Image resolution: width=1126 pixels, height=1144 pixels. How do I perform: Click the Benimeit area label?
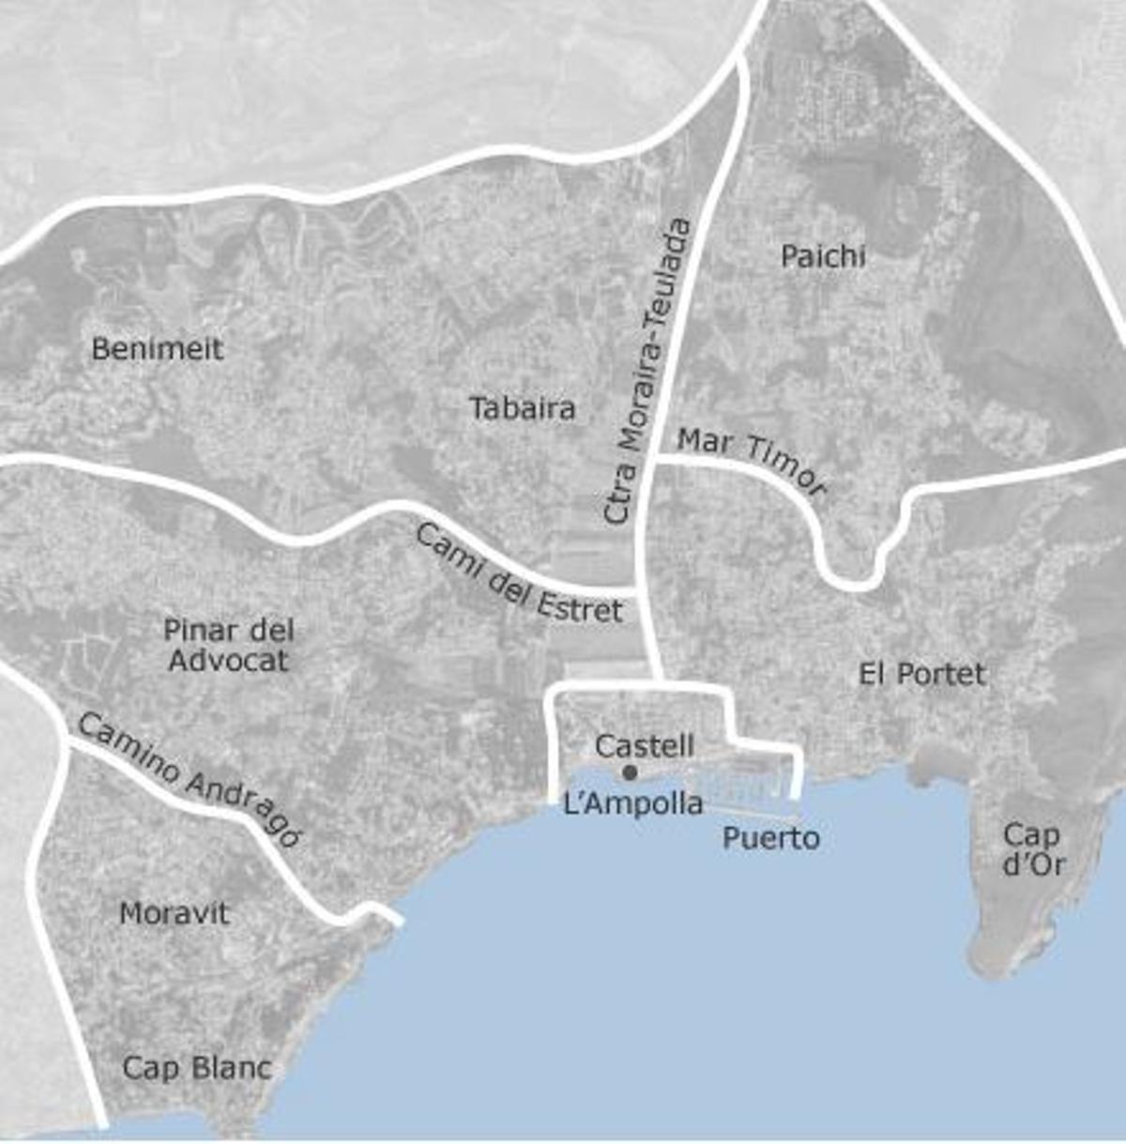pos(158,349)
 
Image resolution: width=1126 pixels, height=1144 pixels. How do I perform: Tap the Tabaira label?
pos(523,408)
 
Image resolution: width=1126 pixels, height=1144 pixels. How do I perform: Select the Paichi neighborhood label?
pos(823,256)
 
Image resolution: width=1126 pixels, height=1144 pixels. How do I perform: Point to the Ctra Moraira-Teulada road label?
pos(648,370)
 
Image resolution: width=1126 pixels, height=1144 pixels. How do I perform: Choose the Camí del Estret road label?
pos(519,573)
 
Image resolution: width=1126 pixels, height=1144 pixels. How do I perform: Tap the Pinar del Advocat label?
pos(228,645)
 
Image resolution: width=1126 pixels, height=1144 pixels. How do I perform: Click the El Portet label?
pos(922,674)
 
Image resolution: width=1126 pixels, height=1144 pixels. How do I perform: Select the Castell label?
pos(645,746)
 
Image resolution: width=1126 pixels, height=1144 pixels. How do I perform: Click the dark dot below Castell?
pos(631,772)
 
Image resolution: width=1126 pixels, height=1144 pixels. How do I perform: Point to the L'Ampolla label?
pos(633,803)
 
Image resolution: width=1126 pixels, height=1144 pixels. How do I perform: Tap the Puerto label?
pos(770,837)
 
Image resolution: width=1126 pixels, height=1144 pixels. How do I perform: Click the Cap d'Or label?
pos(1032,848)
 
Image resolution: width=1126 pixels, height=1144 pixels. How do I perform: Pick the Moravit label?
pos(175,913)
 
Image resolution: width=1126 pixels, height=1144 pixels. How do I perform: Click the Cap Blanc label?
pos(197,1067)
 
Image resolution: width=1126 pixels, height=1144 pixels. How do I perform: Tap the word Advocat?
pos(228,661)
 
